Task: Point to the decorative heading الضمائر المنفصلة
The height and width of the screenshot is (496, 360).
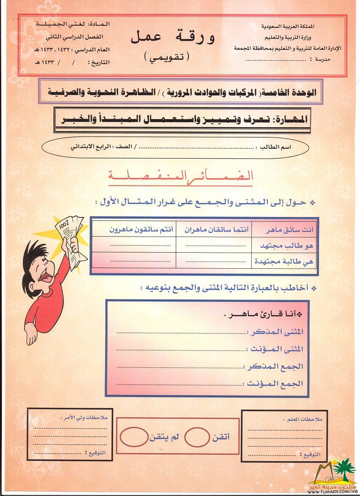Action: (x=180, y=176)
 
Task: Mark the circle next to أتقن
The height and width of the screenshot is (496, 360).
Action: (x=197, y=437)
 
